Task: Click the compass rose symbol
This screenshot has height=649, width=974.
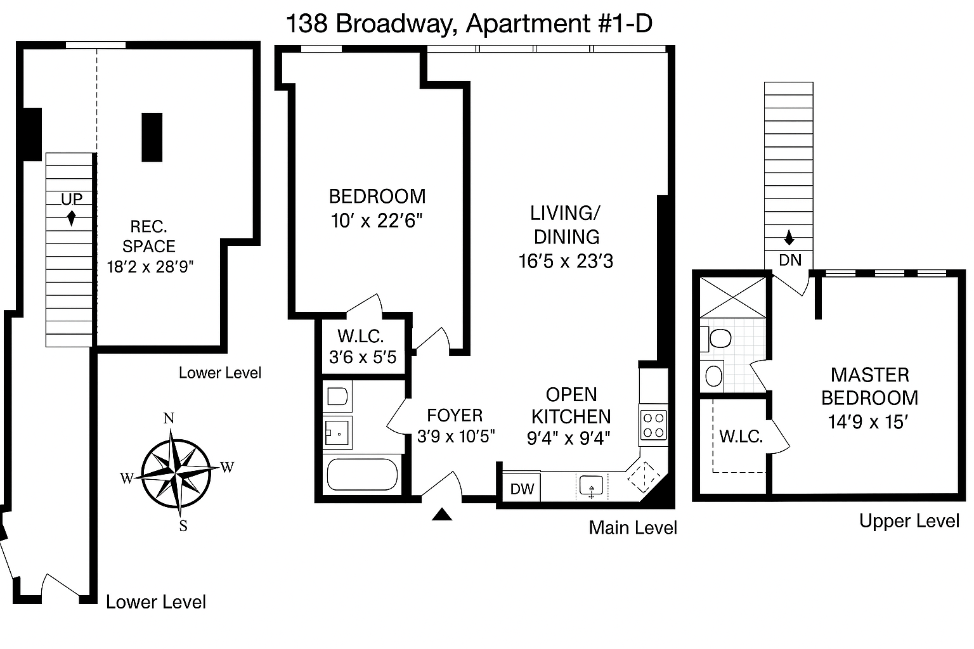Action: click(176, 473)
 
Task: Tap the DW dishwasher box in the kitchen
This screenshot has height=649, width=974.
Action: click(523, 489)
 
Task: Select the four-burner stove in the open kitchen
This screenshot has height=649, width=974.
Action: click(653, 425)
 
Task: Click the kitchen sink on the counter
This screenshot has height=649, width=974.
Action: click(591, 487)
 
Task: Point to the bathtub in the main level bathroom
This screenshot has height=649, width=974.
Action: click(361, 475)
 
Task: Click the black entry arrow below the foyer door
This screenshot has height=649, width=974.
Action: click(442, 515)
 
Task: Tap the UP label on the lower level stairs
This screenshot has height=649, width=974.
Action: click(72, 199)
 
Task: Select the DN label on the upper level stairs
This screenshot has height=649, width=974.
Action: click(789, 260)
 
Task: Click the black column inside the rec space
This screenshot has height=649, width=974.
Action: click(152, 138)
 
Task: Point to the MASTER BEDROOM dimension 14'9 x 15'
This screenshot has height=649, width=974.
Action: click(869, 422)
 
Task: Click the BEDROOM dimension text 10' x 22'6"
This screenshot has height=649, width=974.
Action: click(377, 221)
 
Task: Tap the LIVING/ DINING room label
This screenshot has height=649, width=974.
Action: click(566, 225)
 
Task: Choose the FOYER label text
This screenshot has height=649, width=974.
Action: click(455, 415)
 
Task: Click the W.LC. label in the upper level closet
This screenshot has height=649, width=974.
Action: click(741, 436)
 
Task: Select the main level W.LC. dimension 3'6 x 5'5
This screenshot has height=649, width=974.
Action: click(363, 357)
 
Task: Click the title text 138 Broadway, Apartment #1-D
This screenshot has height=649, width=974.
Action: click(469, 24)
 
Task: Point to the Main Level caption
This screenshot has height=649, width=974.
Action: click(633, 528)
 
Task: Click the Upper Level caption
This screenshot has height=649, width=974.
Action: click(909, 521)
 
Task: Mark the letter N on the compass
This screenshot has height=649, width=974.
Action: click(169, 418)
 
